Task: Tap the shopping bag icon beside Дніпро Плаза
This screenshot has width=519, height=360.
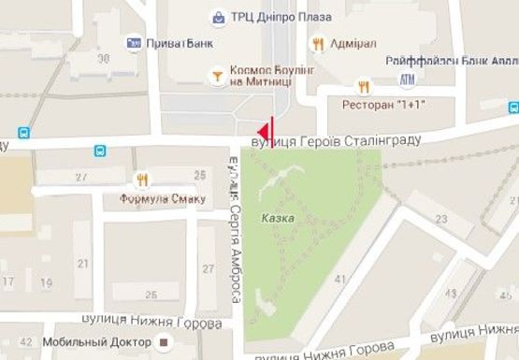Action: (x=218, y=16)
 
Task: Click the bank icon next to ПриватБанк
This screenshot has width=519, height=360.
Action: (x=134, y=43)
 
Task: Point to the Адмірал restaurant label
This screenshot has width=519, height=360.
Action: (x=353, y=43)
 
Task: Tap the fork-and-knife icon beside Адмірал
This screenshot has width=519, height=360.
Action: (x=318, y=43)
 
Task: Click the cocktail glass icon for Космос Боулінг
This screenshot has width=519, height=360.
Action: (x=217, y=73)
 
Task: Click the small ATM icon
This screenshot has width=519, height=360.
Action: (x=406, y=79)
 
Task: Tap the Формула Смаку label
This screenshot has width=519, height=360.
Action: (x=156, y=199)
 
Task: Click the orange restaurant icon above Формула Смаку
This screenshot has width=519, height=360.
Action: (x=142, y=180)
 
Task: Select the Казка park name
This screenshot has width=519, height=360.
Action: (x=279, y=217)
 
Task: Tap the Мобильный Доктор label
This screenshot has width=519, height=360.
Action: (x=105, y=341)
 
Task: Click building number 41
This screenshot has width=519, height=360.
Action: (x=339, y=278)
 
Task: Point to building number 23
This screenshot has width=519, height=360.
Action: (x=440, y=218)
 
